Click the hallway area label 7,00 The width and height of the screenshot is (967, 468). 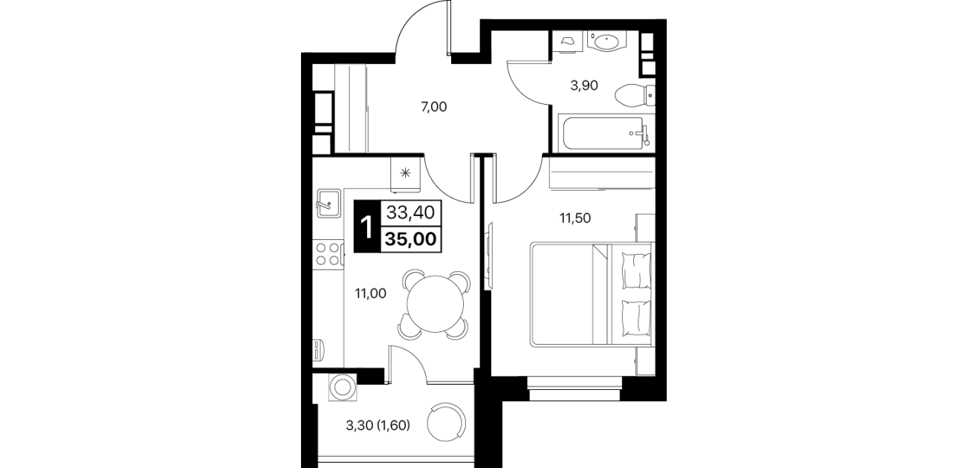(x=434, y=106)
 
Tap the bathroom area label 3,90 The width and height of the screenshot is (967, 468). (x=584, y=85)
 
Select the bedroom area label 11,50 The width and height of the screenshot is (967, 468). (x=575, y=218)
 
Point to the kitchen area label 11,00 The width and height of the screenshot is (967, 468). (x=370, y=293)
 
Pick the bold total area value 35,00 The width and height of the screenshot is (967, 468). (x=410, y=239)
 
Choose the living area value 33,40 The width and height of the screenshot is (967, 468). (x=410, y=212)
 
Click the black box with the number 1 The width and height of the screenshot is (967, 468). (x=367, y=227)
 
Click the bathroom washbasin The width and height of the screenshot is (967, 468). (x=607, y=42)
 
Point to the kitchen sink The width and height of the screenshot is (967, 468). (x=329, y=203)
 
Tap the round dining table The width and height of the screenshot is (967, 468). (x=435, y=304)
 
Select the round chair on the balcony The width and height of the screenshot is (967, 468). (x=447, y=423)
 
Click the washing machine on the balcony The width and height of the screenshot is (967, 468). (x=343, y=387)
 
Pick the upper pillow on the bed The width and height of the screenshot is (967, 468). (x=636, y=270)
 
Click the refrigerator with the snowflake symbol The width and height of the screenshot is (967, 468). (x=405, y=174)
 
